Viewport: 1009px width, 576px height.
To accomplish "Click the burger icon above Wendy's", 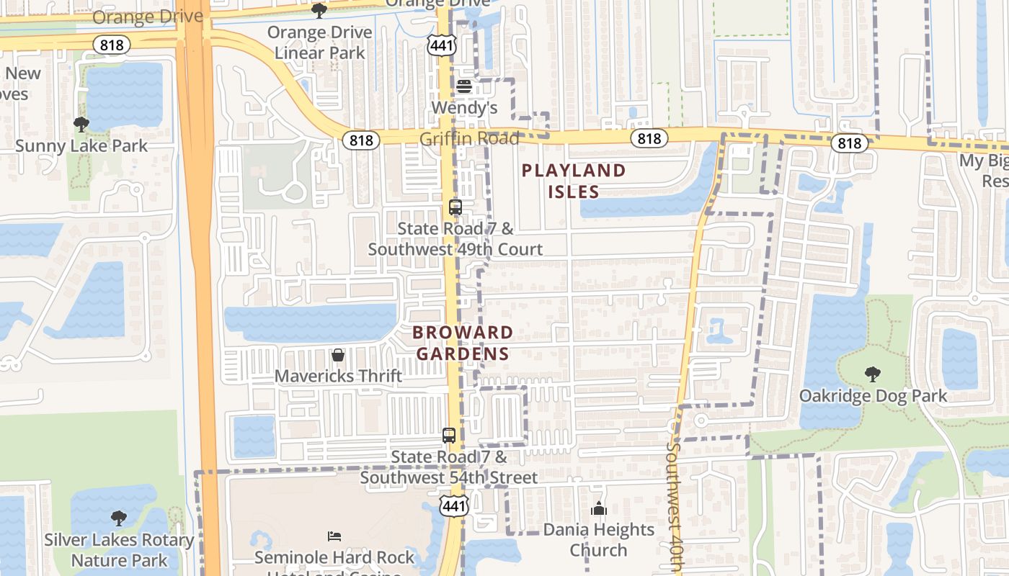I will (464, 86).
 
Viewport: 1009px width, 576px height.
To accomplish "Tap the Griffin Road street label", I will (470, 138).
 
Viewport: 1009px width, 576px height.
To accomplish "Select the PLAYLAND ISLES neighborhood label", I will (574, 181).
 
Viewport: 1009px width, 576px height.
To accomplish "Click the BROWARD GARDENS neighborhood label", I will (463, 343).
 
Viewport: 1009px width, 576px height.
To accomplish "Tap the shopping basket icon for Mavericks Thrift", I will (337, 355).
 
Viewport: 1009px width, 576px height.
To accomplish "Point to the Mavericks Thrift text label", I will (338, 376).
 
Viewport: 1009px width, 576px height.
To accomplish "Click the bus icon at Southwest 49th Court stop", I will (455, 207).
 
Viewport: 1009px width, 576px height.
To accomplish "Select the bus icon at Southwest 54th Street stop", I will (449, 436).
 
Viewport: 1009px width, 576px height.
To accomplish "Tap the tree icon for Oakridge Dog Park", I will (872, 374).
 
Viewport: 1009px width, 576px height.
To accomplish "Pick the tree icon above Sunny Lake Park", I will (81, 124).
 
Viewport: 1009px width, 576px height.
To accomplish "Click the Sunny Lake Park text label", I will (81, 145).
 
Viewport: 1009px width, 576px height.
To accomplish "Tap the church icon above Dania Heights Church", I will (599, 509).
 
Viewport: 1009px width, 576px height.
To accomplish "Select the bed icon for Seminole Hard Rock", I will (334, 536).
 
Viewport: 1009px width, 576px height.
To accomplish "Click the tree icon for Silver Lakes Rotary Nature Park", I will (119, 518).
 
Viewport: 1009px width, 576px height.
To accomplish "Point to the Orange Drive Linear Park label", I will (320, 42).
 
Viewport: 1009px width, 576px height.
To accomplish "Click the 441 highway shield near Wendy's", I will (440, 46).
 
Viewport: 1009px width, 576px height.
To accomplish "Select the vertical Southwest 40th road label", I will (674, 504).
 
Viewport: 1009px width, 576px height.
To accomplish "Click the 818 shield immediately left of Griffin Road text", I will (360, 140).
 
